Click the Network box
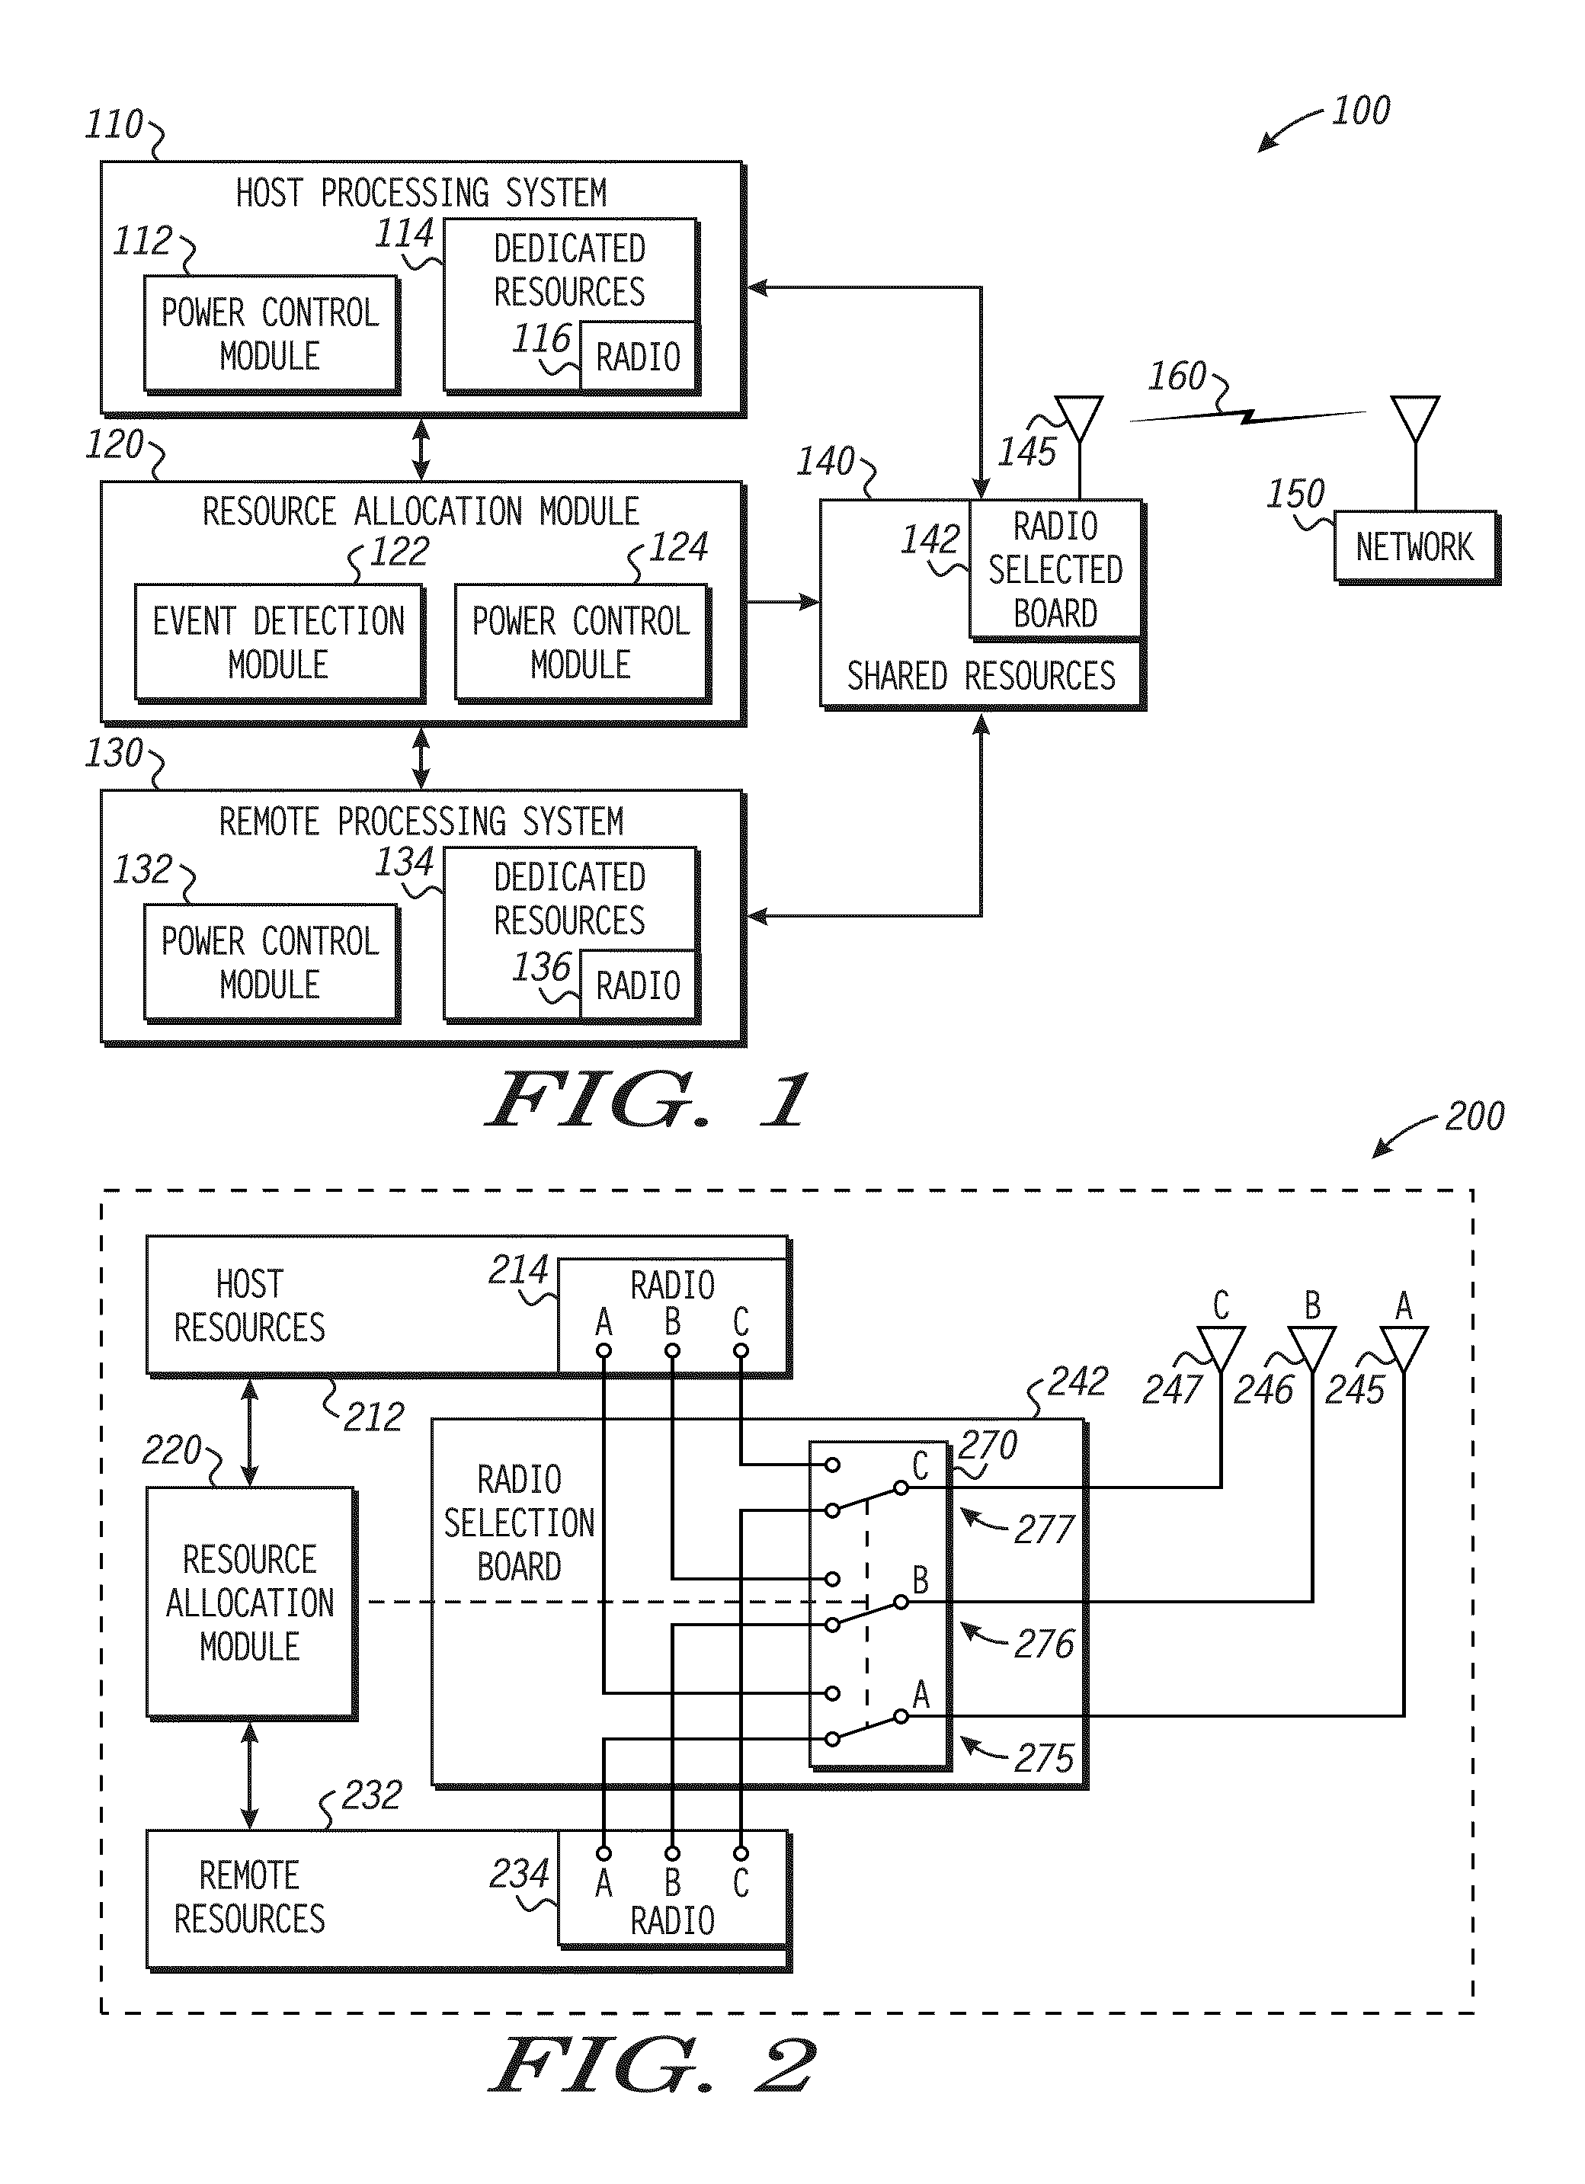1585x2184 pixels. [1414, 546]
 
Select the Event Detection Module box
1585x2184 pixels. [278, 642]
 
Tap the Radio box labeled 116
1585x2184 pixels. [638, 357]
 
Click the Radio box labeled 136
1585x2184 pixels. [638, 985]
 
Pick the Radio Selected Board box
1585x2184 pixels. [1055, 568]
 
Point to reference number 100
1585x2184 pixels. [1359, 110]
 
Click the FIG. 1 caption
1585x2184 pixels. [645, 1100]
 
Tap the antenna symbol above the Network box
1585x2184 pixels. [1414, 419]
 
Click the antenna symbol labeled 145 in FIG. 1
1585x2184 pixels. [1078, 420]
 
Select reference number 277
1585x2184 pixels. [1043, 1530]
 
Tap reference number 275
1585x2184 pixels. [1043, 1758]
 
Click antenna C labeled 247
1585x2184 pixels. [1220, 1349]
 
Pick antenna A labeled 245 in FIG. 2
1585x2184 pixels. [1403, 1349]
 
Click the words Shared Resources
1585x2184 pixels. [980, 676]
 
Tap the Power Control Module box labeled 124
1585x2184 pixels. [581, 642]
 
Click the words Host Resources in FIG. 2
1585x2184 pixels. [249, 1306]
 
